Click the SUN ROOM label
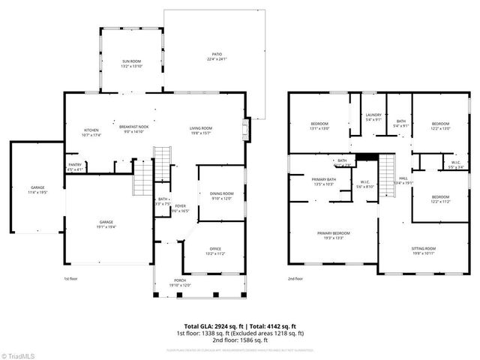click(x=132, y=61)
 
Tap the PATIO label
click(x=217, y=54)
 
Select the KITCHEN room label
click(x=91, y=130)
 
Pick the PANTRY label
click(x=75, y=164)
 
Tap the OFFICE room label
click(x=215, y=249)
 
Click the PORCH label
click(x=181, y=280)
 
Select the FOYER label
click(x=180, y=206)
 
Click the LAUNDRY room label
click(x=373, y=114)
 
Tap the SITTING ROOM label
click(x=424, y=248)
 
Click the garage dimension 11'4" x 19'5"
click(x=37, y=193)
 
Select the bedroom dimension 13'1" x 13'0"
click(x=320, y=128)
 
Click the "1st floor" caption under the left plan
click(x=71, y=278)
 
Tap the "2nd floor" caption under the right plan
click(x=296, y=278)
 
